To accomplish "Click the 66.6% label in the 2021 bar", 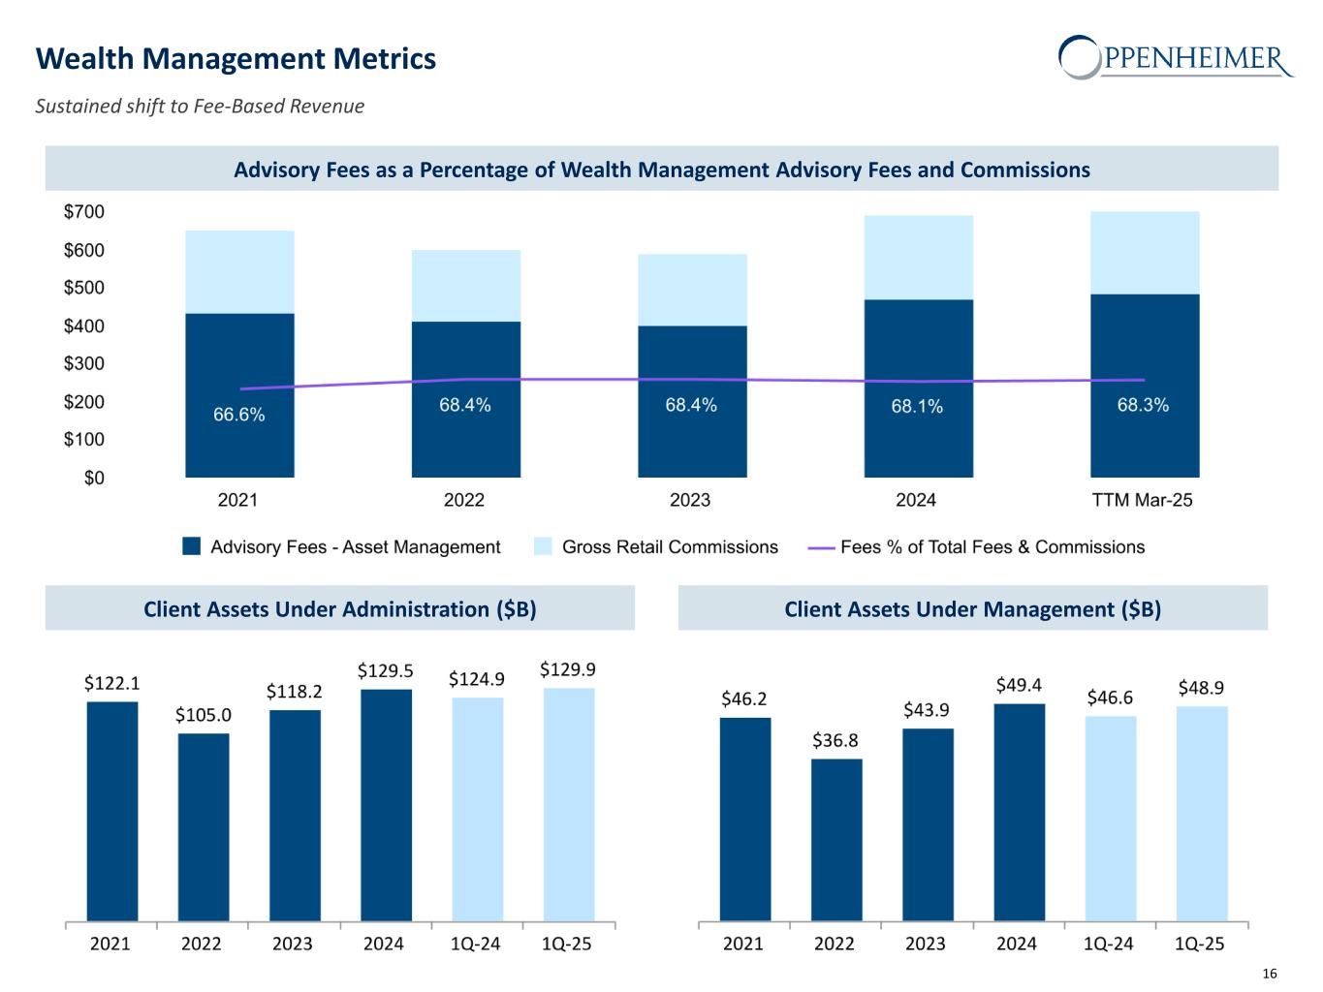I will coord(238,415).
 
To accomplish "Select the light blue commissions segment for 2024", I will coord(918,257).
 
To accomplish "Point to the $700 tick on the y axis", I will coord(84,212).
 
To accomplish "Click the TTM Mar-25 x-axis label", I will coord(1142,500).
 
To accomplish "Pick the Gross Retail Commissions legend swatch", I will coord(543,547).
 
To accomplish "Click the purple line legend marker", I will coord(821,547).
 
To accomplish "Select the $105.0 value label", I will coord(204,715).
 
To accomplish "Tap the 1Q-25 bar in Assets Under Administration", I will coord(569,804).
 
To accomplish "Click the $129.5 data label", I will coord(385,670).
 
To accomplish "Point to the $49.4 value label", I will coord(1019,686).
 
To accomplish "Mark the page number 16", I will coord(1270,974).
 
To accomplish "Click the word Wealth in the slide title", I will coord(82,59).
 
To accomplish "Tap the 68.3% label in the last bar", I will coord(1143,405).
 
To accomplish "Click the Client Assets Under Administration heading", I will coord(339,608).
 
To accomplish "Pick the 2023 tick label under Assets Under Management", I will coord(926,944).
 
